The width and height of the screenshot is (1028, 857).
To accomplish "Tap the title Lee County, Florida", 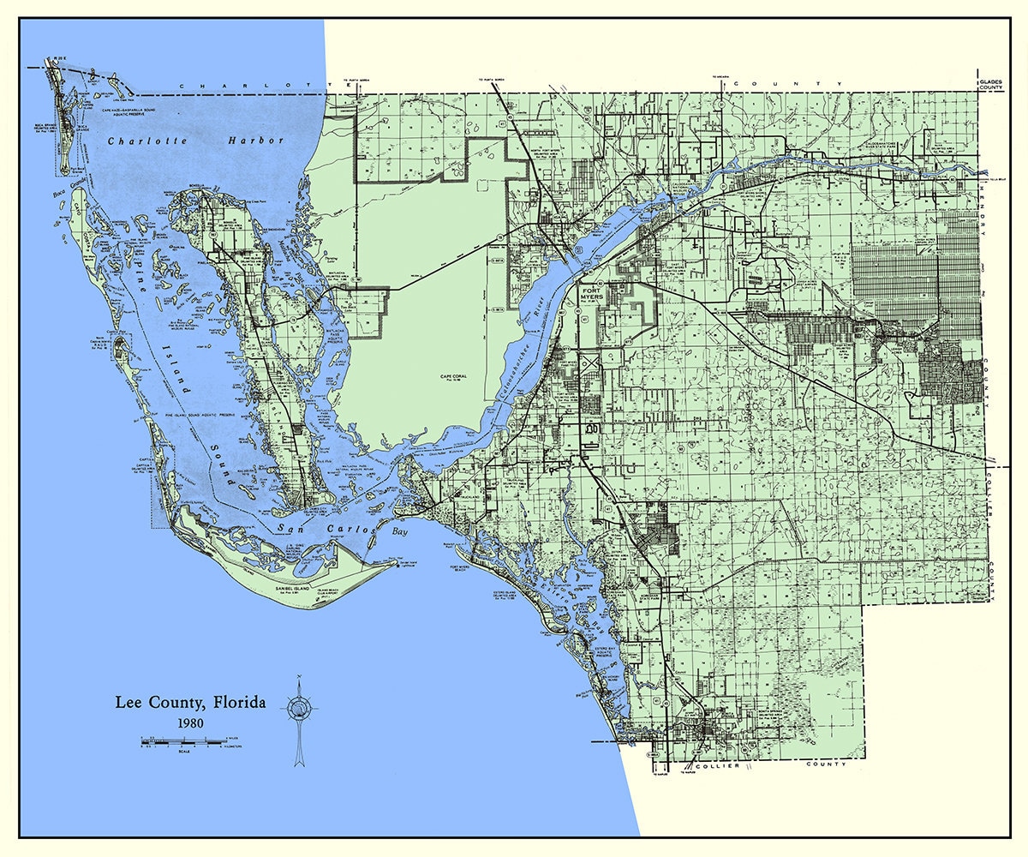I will pyautogui.click(x=191, y=703).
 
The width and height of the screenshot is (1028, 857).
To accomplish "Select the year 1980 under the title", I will pyautogui.click(x=191, y=722).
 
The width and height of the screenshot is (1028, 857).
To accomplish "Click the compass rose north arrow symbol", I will pyautogui.click(x=300, y=708).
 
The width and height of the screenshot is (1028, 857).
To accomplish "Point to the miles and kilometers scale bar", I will pyautogui.click(x=184, y=740).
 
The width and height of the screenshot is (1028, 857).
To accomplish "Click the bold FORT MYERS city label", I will pyautogui.click(x=593, y=294).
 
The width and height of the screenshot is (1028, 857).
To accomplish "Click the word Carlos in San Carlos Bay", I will pyautogui.click(x=346, y=529).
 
